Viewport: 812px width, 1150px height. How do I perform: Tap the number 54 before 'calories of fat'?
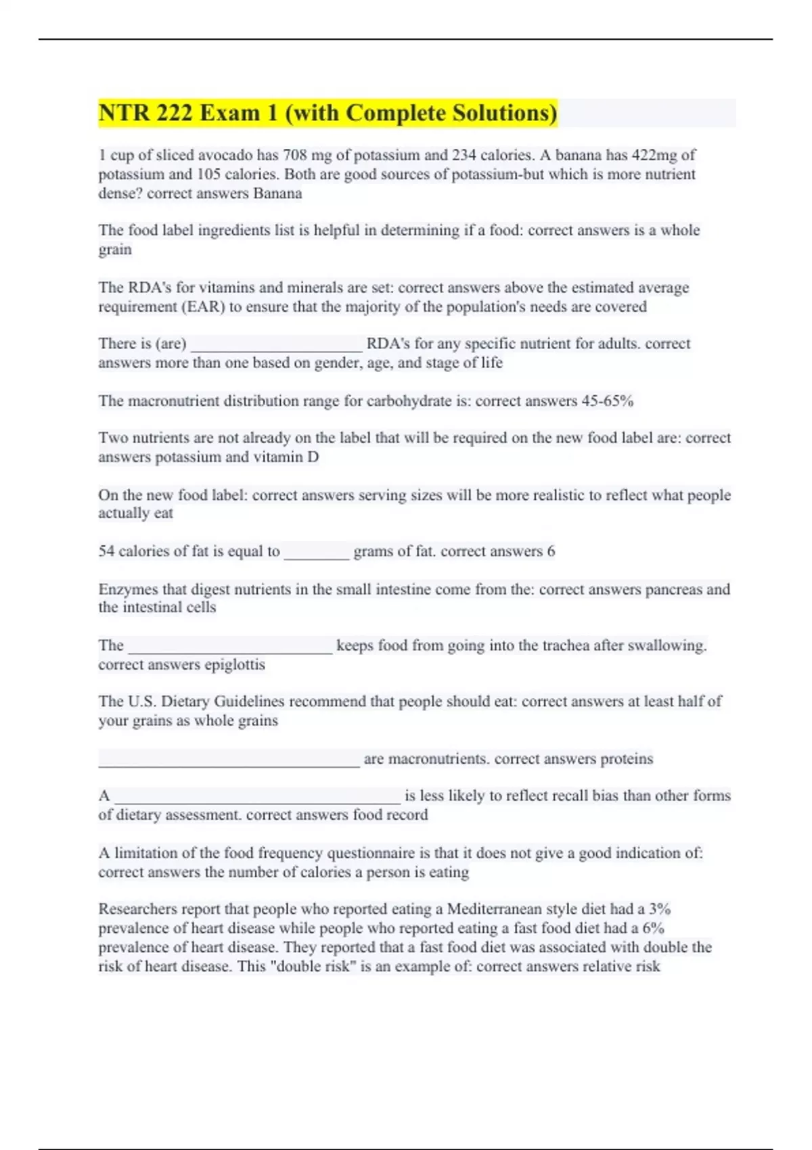(x=106, y=551)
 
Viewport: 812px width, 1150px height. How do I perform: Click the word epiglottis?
(x=234, y=664)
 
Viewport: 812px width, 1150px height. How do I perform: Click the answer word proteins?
(x=627, y=759)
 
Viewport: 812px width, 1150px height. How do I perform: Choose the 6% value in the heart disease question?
(x=653, y=928)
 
